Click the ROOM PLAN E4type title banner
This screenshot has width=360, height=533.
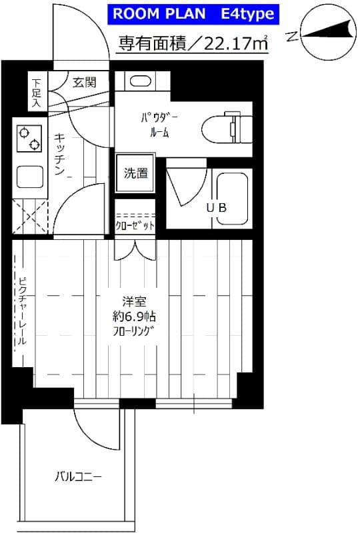193,14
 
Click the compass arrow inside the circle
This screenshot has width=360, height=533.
327,31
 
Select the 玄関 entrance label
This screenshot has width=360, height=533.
85,82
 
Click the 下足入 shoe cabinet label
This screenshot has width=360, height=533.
37,93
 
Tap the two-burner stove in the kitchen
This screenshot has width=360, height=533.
29,139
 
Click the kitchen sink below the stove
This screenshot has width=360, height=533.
30,177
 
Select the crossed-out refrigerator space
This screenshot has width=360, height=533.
30,217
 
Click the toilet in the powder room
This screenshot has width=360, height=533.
227,128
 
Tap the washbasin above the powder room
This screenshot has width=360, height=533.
140,81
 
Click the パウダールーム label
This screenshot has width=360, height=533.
159,125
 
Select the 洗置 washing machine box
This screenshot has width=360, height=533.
135,173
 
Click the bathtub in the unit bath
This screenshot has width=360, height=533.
233,199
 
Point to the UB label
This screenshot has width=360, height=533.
217,207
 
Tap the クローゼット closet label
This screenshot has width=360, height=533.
135,225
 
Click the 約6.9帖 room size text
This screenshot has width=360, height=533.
134,316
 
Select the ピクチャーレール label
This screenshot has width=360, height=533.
22,311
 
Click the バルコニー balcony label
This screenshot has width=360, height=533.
78,476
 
